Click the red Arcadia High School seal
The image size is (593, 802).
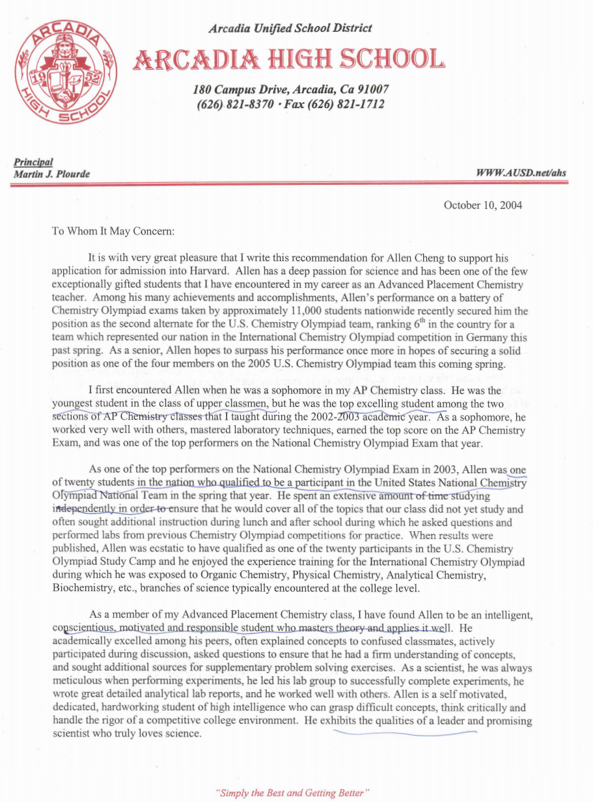(66, 72)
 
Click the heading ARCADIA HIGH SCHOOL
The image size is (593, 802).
(289, 60)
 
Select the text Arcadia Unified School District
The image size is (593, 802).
(290, 28)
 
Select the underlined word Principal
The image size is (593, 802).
(33, 162)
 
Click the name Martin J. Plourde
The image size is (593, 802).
(52, 173)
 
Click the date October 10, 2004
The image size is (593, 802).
(482, 205)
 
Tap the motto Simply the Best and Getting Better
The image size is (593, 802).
(295, 792)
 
